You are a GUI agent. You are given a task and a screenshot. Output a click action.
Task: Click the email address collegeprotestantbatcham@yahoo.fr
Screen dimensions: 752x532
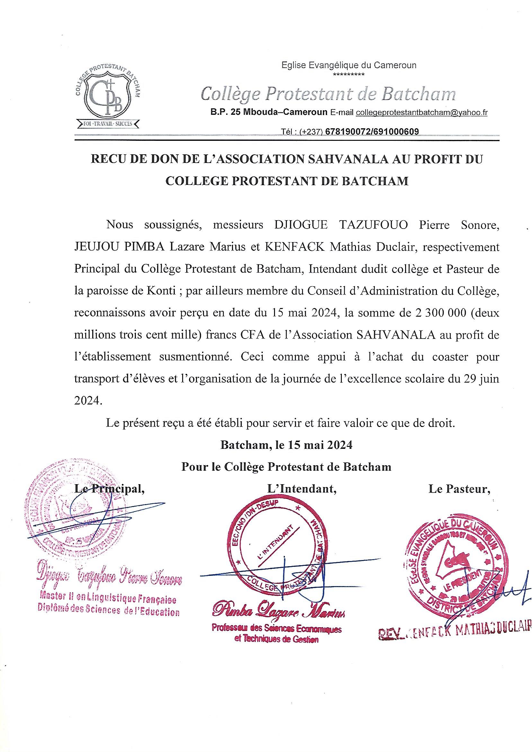coord(421,113)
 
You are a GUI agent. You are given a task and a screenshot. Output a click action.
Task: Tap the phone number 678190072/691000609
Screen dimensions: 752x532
coord(372,132)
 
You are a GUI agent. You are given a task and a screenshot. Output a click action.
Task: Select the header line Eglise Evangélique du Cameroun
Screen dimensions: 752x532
coord(349,65)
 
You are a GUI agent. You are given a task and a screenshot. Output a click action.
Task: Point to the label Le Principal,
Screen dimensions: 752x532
coord(110,489)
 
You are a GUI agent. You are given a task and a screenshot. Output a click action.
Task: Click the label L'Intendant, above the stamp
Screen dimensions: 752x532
coord(302,489)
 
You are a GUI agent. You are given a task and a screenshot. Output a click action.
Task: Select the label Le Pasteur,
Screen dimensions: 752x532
coord(459,489)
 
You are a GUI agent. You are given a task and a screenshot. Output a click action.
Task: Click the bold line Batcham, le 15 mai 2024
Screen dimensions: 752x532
coord(287,445)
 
